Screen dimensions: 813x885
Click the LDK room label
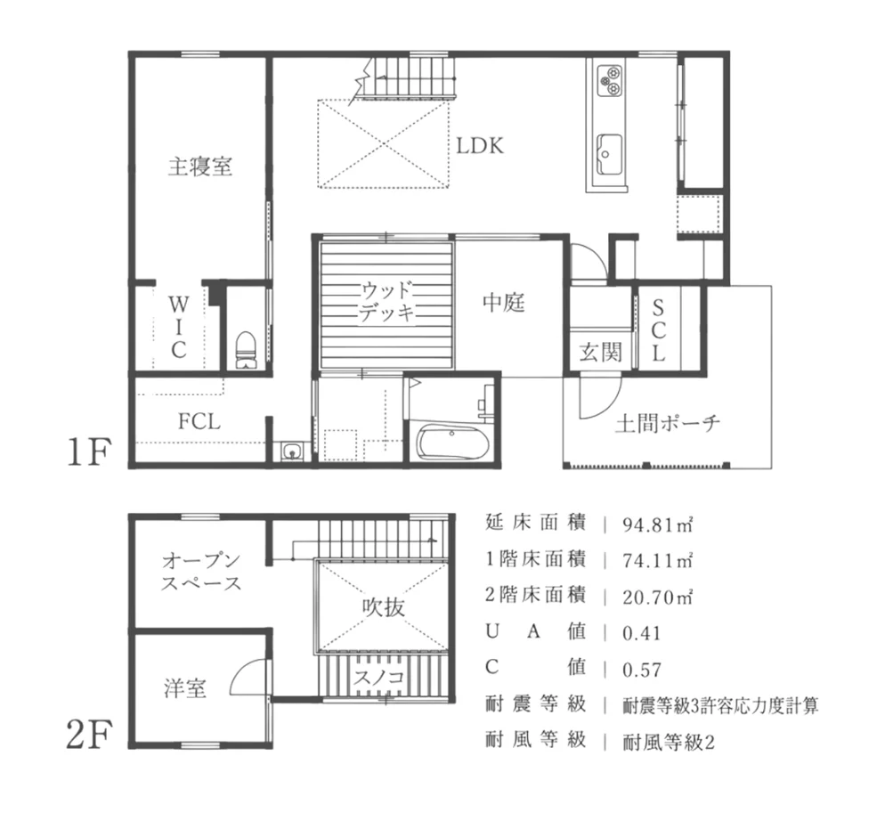[x=480, y=145]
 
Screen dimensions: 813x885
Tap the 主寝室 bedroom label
[x=199, y=167]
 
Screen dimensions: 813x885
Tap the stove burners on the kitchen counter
[x=611, y=80]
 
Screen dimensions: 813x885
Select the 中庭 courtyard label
[x=504, y=304]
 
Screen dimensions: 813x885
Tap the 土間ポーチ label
[x=667, y=422]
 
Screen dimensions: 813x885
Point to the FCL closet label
[x=199, y=422]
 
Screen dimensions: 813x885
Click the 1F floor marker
[x=87, y=453]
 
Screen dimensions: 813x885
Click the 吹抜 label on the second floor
[x=384, y=608]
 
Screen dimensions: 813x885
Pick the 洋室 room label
[x=185, y=688]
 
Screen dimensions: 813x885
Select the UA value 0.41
[x=643, y=633]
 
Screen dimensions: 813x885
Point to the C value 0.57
[x=643, y=670]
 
